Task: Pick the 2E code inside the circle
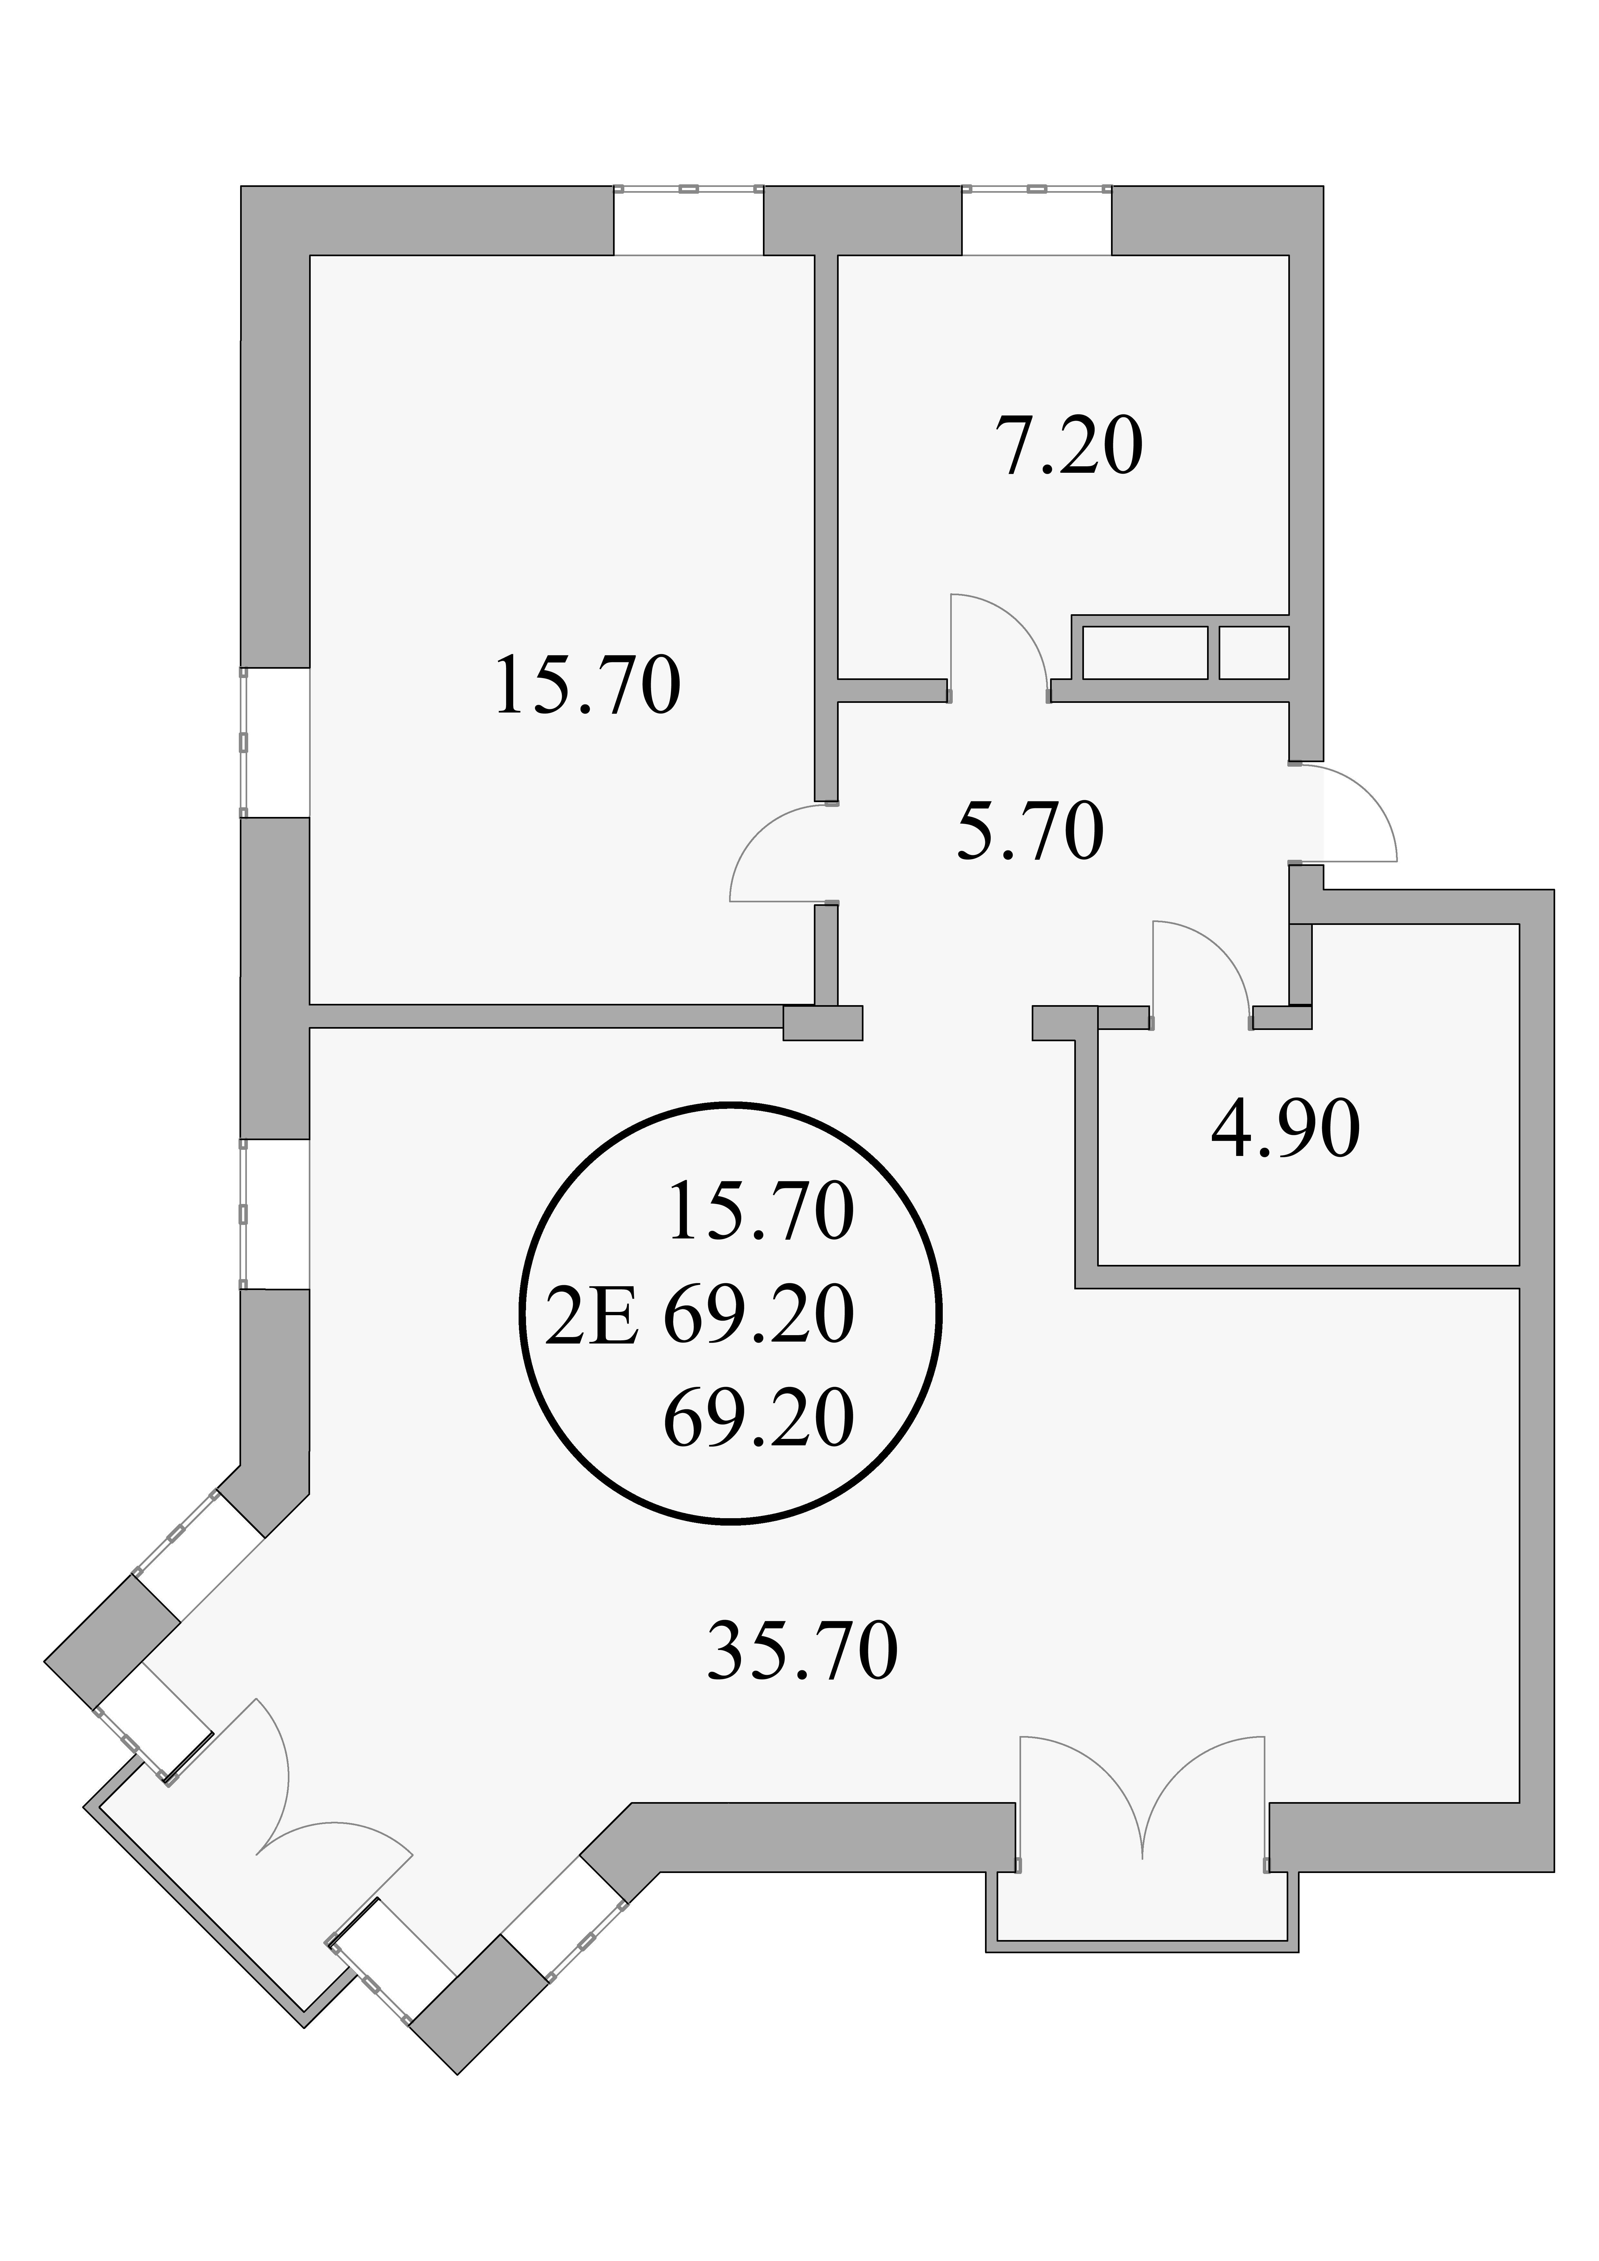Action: (x=591, y=1317)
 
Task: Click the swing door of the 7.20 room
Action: (x=997, y=645)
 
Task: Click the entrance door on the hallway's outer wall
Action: (x=1345, y=812)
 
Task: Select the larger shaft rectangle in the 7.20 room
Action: (x=1145, y=652)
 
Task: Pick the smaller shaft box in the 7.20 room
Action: (x=1253, y=652)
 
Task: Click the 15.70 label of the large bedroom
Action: (x=588, y=686)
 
